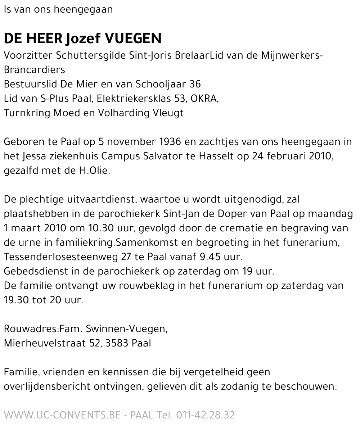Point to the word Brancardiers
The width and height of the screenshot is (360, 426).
[30, 69]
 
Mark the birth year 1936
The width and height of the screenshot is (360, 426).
[169, 141]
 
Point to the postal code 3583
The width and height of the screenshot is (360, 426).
[125, 343]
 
